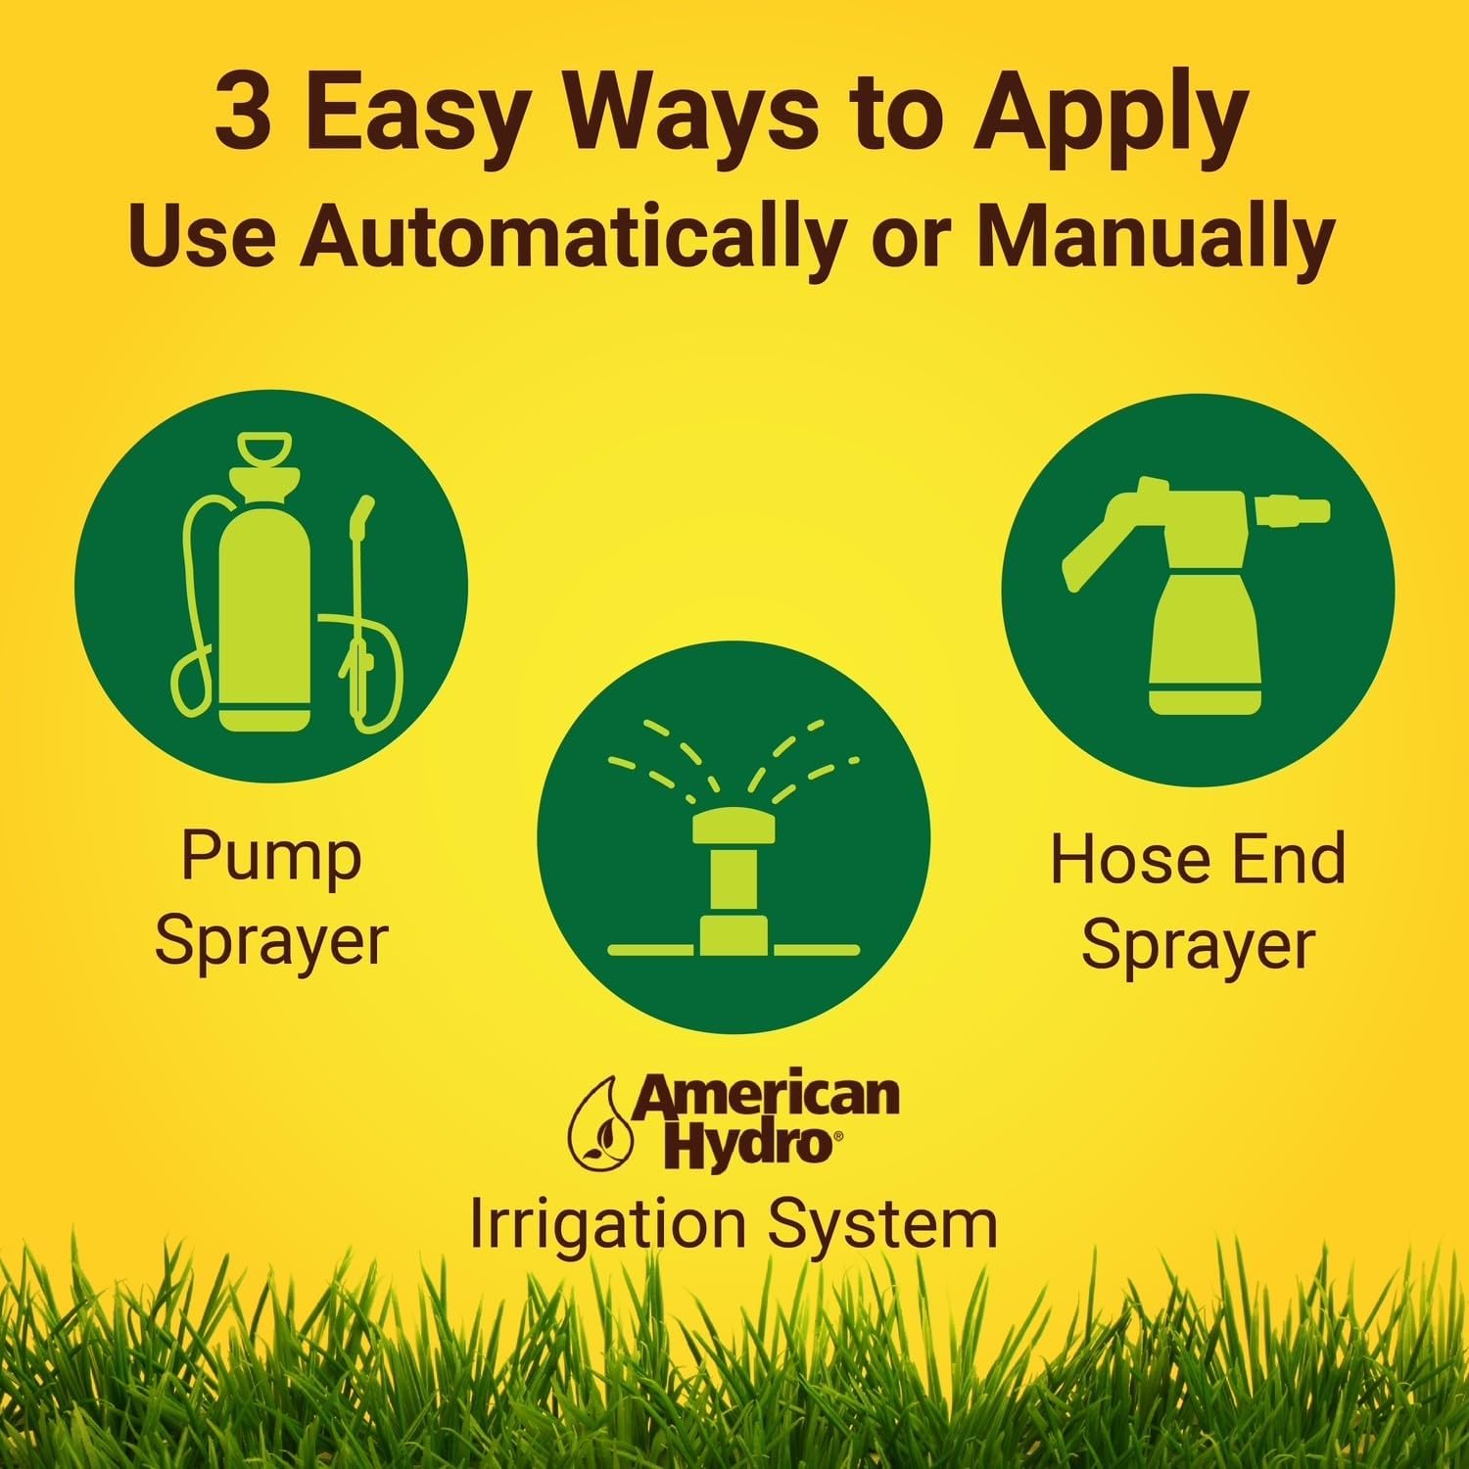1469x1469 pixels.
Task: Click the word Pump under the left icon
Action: [x=271, y=858]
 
